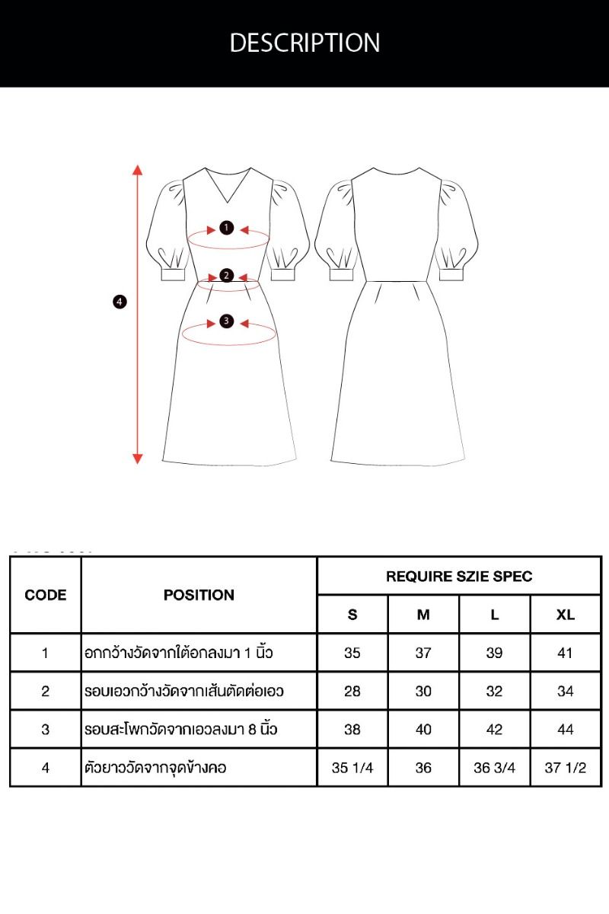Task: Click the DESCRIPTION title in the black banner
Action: click(x=304, y=43)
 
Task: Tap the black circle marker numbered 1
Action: click(x=226, y=228)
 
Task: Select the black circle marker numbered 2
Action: click(x=226, y=276)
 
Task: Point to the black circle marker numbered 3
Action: click(x=226, y=321)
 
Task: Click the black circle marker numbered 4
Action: click(x=120, y=302)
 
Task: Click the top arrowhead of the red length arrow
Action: click(x=138, y=170)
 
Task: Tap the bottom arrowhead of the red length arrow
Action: click(x=138, y=459)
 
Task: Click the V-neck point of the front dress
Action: click(x=227, y=203)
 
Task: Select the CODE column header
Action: click(x=45, y=595)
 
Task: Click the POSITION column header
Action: click(x=199, y=595)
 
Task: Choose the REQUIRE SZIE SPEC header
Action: click(x=459, y=576)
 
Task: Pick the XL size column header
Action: click(x=566, y=615)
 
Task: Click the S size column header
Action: click(x=352, y=615)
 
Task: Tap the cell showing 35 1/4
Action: click(x=352, y=768)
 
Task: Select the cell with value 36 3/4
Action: click(x=494, y=768)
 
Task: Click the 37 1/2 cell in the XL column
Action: click(x=566, y=768)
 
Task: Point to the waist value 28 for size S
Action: click(x=352, y=692)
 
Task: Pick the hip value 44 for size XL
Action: click(x=566, y=729)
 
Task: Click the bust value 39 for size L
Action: click(x=494, y=653)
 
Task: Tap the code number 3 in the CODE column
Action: click(x=45, y=729)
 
